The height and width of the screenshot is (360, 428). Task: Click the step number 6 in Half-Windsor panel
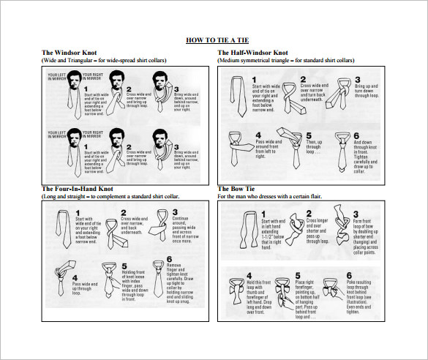357,135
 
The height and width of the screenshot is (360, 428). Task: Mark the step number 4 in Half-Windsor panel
258,135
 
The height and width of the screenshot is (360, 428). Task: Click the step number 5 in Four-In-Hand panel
124,267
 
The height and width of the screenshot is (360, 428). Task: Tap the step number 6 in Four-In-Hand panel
169,258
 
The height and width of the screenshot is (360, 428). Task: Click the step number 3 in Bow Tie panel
357,212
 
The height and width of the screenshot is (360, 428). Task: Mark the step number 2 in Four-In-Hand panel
124,213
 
